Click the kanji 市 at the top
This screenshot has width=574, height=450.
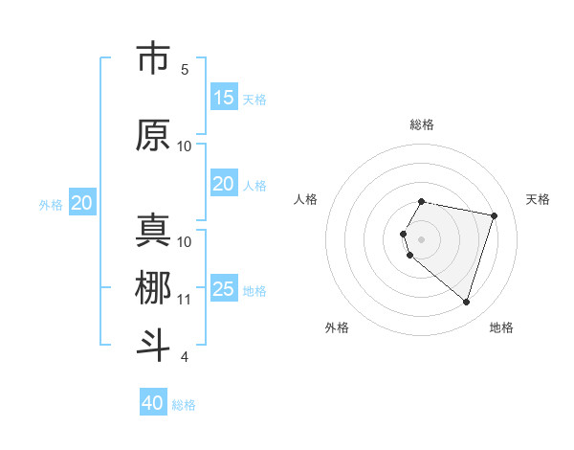pyautogui.click(x=153, y=59)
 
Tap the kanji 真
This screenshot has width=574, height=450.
pyautogui.click(x=153, y=231)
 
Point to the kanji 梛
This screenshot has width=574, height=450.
pyautogui.click(x=153, y=288)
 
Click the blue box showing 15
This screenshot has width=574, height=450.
pyautogui.click(x=224, y=98)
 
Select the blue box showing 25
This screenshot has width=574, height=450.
pyautogui.click(x=224, y=289)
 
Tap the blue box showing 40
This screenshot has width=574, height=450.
pyautogui.click(x=153, y=403)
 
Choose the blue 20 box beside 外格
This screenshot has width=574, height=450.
pyautogui.click(x=82, y=203)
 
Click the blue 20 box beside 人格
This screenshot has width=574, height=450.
pyautogui.click(x=224, y=184)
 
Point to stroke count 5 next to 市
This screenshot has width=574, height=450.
pyautogui.click(x=185, y=70)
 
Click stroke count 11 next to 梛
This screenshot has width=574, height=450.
pyautogui.click(x=185, y=300)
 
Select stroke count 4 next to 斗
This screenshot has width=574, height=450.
pyautogui.click(x=185, y=357)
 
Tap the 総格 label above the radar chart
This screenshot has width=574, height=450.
pyautogui.click(x=422, y=124)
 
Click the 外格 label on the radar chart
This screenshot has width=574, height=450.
pyautogui.click(x=337, y=327)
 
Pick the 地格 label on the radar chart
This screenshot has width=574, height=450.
pyautogui.click(x=501, y=327)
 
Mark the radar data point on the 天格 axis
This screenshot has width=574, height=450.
pyautogui.click(x=494, y=215)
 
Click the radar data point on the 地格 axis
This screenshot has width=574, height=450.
pyautogui.click(x=466, y=302)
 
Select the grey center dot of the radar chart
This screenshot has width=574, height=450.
pyautogui.click(x=422, y=238)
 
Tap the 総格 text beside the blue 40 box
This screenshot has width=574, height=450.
pyautogui.click(x=185, y=405)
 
